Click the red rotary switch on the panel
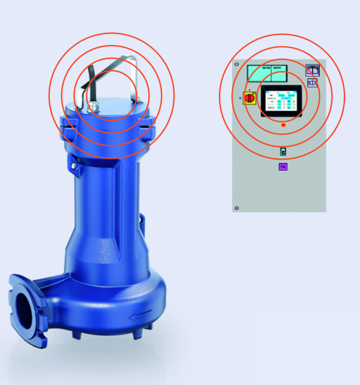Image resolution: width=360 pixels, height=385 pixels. [249, 97]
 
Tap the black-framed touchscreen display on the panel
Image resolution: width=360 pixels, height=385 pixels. [280, 103]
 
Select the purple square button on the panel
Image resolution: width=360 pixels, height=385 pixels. [283, 167]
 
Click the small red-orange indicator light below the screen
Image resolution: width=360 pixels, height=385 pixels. [283, 126]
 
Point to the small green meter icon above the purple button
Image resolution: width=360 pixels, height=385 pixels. [283, 152]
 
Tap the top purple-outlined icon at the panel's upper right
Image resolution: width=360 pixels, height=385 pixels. [312, 70]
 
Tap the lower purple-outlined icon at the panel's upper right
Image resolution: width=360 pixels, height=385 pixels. [312, 83]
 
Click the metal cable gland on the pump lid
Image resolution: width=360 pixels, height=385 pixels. [94, 109]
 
